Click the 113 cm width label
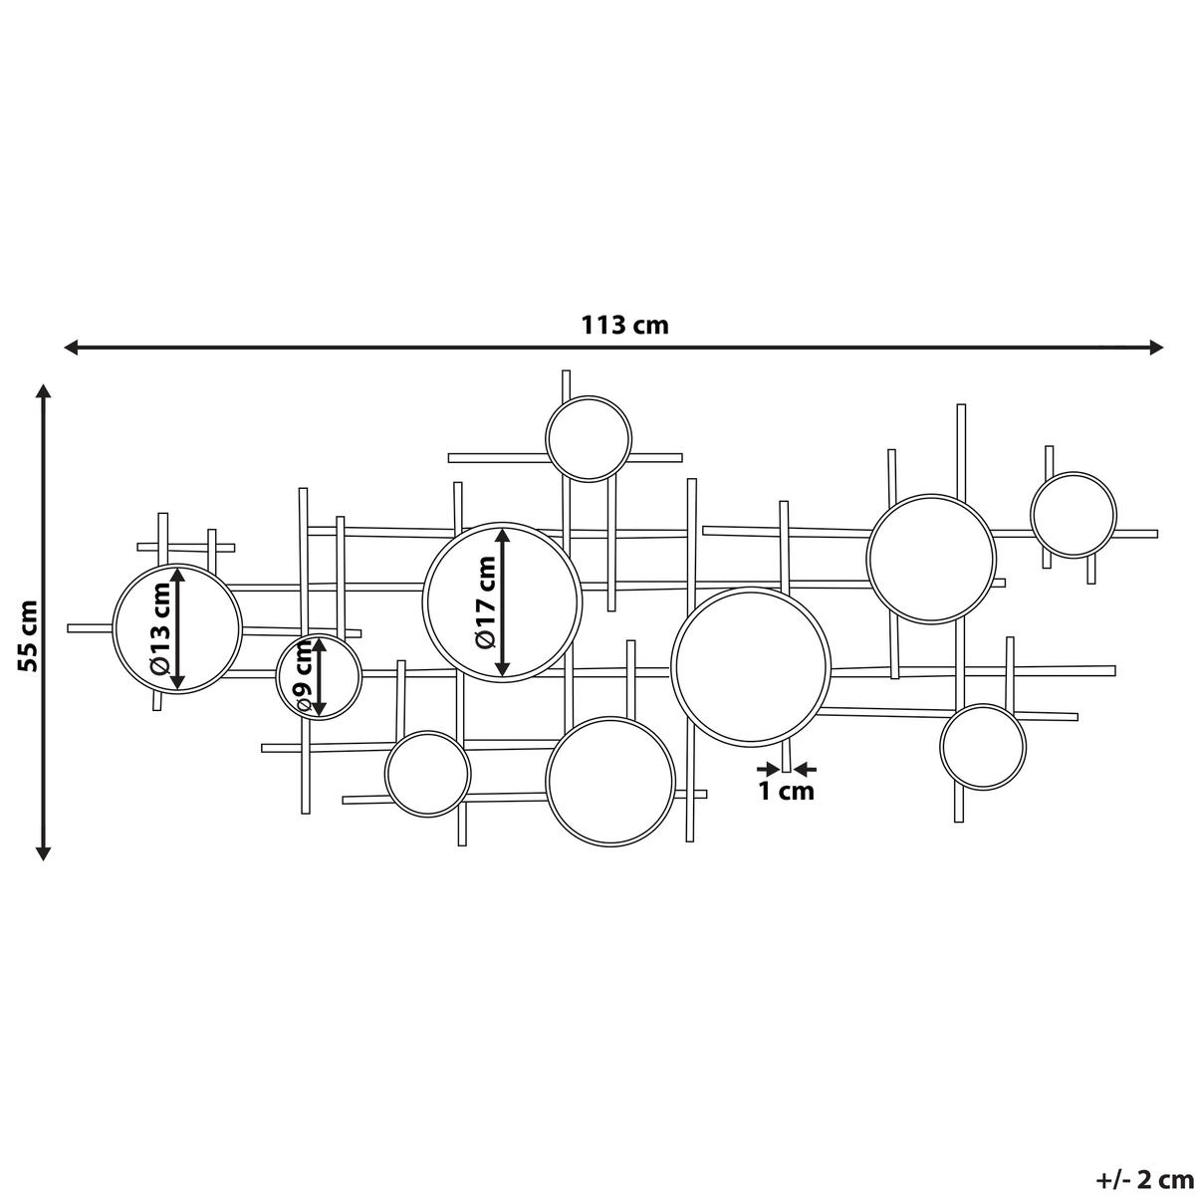[624, 325]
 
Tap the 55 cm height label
[28, 636]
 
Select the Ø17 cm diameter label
[486, 602]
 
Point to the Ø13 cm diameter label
[160, 628]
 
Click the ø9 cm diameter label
[304, 676]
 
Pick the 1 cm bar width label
[787, 792]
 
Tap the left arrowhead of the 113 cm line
[72, 348]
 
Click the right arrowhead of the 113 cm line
[1155, 348]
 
